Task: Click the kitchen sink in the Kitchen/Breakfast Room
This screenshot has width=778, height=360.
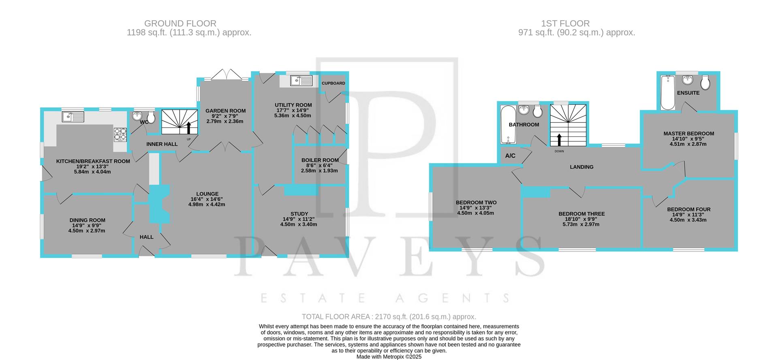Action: pos(73,117)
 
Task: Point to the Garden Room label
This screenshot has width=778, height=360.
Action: pos(225,111)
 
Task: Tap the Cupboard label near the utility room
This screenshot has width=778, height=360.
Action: pos(333,83)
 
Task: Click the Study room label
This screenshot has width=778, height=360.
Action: pos(299,214)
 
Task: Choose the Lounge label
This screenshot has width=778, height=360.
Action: pos(207,194)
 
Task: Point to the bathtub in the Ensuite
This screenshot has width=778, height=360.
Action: pos(667,93)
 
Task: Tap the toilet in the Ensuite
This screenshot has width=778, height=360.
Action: pos(705,83)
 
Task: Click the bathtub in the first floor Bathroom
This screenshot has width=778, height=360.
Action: pos(507,124)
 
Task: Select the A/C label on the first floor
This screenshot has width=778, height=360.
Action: pos(510,156)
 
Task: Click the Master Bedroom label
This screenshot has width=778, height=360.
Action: pos(688,134)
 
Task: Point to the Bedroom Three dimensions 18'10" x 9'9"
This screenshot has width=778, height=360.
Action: pos(581,219)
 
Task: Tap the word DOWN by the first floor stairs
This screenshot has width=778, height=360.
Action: pos(559,151)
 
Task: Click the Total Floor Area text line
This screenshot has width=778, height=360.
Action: pos(389,317)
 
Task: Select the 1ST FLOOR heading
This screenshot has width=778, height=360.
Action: pos(577,23)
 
